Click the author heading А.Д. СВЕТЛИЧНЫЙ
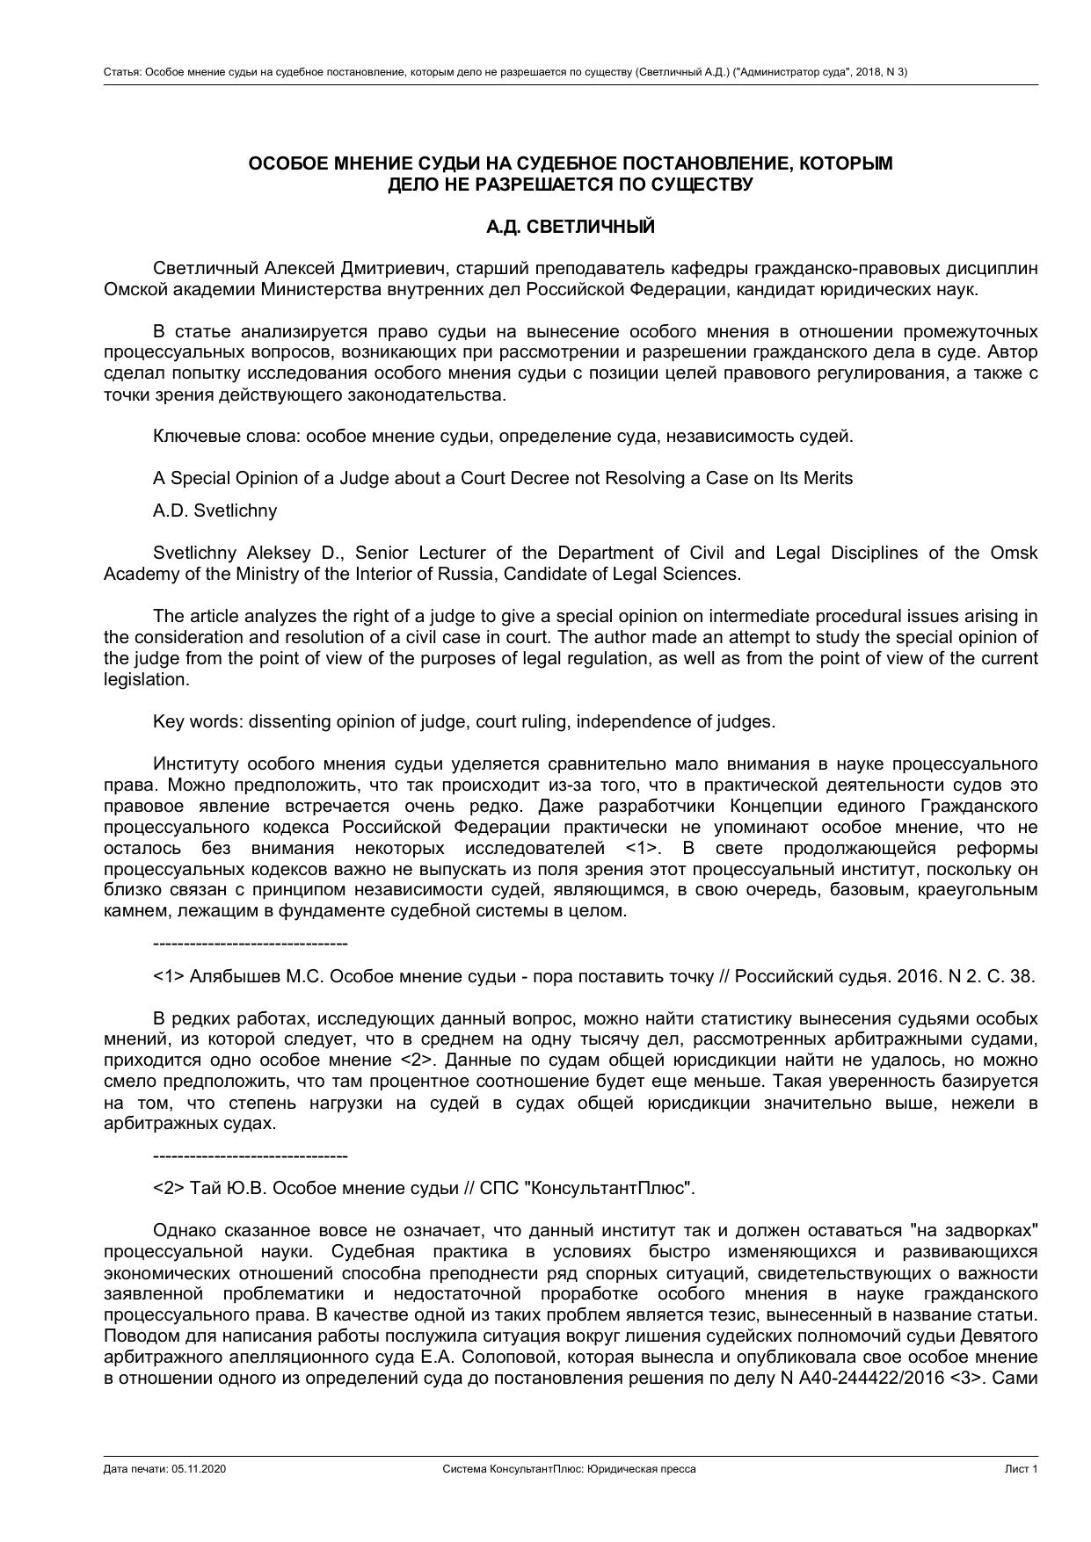(570, 227)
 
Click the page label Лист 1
(1022, 1469)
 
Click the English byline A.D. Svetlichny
(215, 510)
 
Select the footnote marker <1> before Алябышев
(169, 976)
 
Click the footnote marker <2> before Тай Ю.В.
(169, 1188)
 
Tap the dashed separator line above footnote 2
(250, 1155)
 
